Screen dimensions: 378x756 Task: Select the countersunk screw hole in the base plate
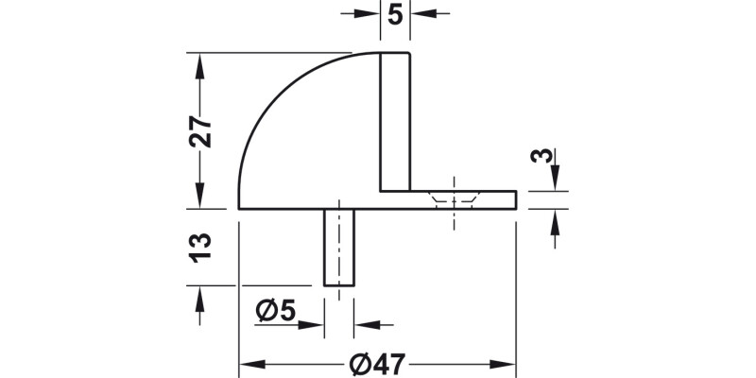455,200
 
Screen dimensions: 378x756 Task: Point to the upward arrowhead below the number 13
198,295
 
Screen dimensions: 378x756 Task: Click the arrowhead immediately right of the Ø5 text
315,324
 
